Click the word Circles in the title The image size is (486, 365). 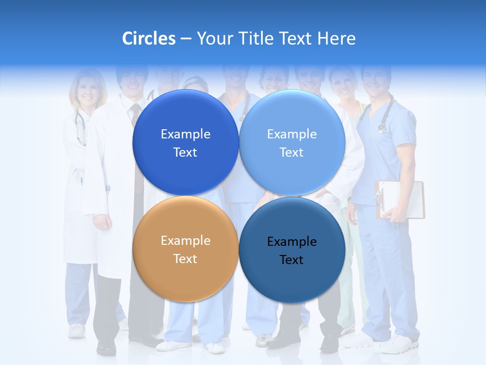point(149,39)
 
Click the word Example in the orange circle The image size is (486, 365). point(185,241)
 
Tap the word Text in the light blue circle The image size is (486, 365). point(292,152)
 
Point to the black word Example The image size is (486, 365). point(292,242)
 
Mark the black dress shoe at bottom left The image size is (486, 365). point(106,348)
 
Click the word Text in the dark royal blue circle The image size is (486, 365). point(185,152)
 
